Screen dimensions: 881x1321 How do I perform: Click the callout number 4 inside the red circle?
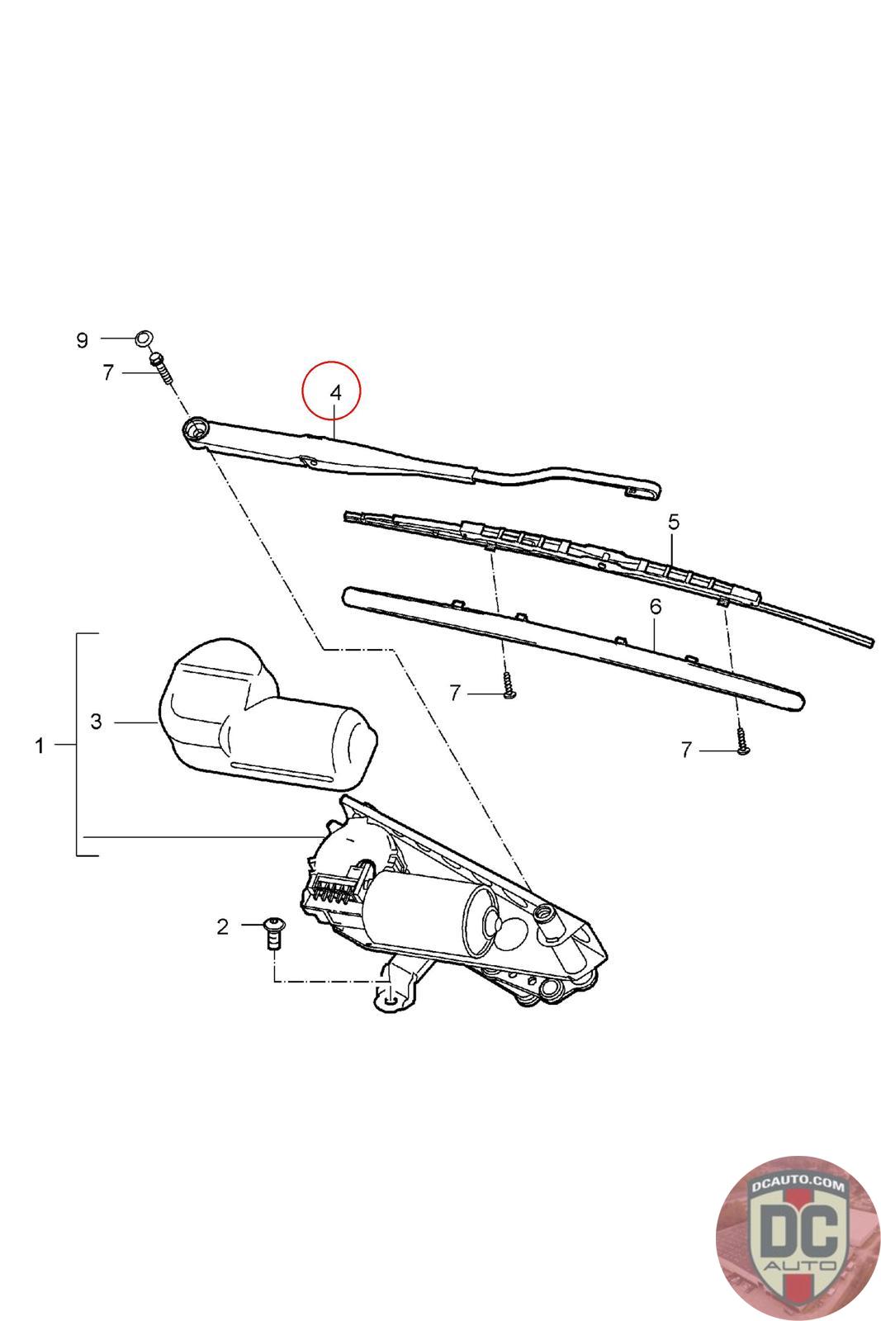[334, 393]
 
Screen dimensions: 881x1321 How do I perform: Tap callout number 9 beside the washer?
[82, 340]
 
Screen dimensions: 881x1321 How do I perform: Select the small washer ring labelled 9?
[144, 338]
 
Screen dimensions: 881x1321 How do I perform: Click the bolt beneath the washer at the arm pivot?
[159, 366]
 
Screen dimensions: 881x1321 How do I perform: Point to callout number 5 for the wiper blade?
[673, 522]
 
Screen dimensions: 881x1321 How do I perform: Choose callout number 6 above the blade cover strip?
[655, 607]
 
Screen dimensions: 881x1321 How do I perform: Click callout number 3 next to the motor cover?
[97, 722]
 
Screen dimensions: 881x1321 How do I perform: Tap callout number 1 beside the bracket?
[39, 746]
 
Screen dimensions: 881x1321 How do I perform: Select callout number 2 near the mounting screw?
[222, 926]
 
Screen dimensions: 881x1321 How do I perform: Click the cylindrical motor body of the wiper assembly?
[421, 912]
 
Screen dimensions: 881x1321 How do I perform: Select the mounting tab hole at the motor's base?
[391, 1001]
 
